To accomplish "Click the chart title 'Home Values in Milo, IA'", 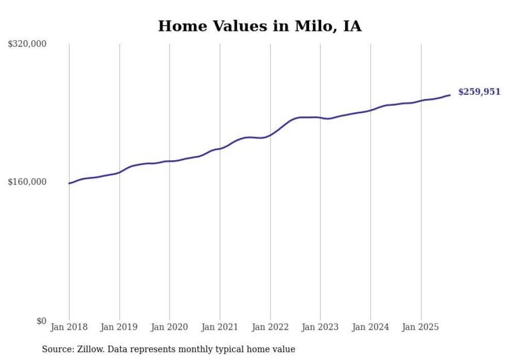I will click(260, 26).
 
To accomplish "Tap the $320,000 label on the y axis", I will click(27, 44).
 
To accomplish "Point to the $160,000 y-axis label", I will click(27, 182).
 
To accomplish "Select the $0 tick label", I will click(41, 321).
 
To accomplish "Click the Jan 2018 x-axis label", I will click(69, 327).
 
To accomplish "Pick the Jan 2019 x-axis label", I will click(120, 327).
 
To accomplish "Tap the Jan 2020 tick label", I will click(170, 327).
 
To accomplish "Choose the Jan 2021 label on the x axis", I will click(220, 327).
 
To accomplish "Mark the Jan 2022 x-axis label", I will click(270, 327).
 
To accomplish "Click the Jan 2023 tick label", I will click(321, 327).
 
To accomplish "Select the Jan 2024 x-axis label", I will click(371, 327).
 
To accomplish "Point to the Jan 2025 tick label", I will click(421, 327).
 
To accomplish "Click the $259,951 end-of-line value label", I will click(479, 92).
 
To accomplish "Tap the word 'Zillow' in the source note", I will click(90, 350).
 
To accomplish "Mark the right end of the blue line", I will click(450, 95).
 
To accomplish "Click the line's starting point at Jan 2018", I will click(69, 183).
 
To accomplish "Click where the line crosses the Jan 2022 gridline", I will click(270, 135).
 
